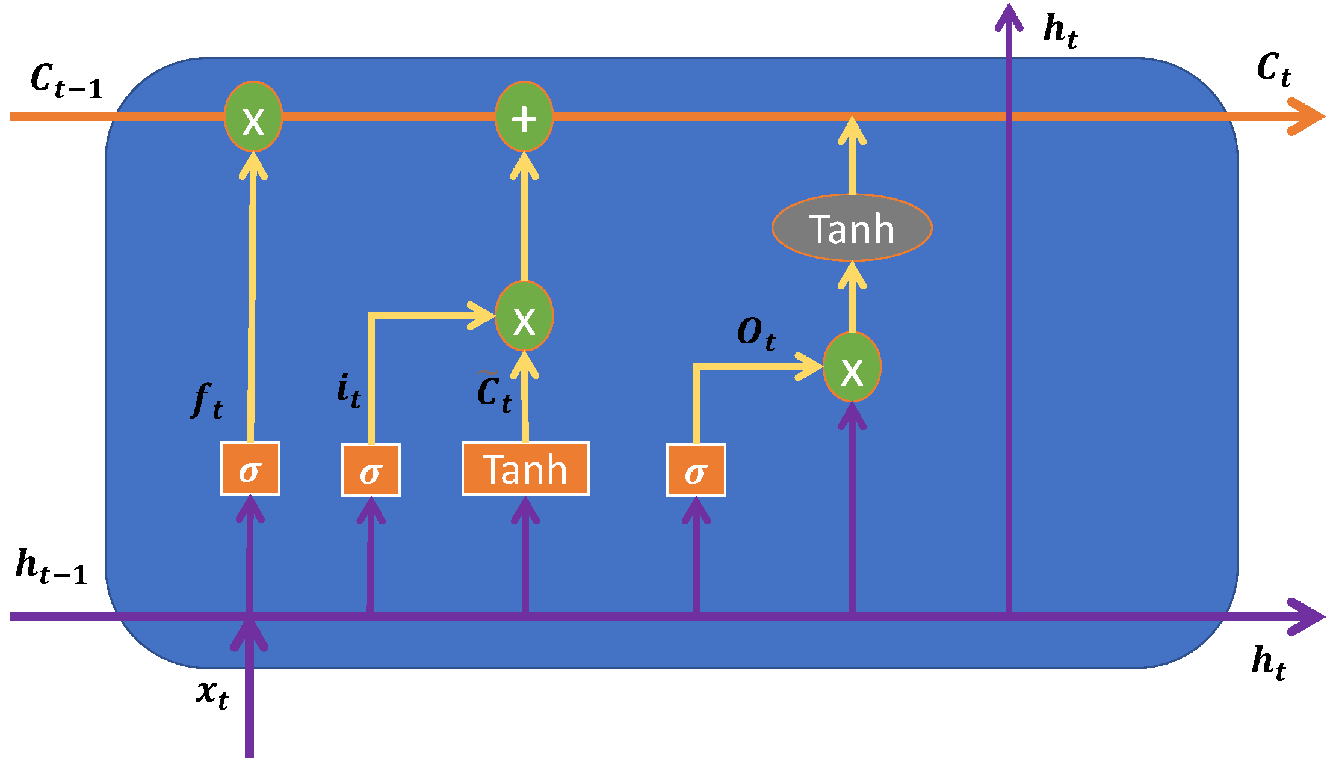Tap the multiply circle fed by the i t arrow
coord(524,316)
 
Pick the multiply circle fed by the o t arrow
coord(852,367)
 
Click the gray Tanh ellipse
coord(852,228)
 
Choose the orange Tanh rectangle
coord(525,469)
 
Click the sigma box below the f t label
coord(250,469)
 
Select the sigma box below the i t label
coord(371,471)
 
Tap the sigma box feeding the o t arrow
coord(696,471)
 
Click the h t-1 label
coord(52,567)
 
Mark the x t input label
coord(212,692)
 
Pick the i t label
coord(348,391)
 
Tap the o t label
coord(756,334)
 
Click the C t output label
coord(1273,69)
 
